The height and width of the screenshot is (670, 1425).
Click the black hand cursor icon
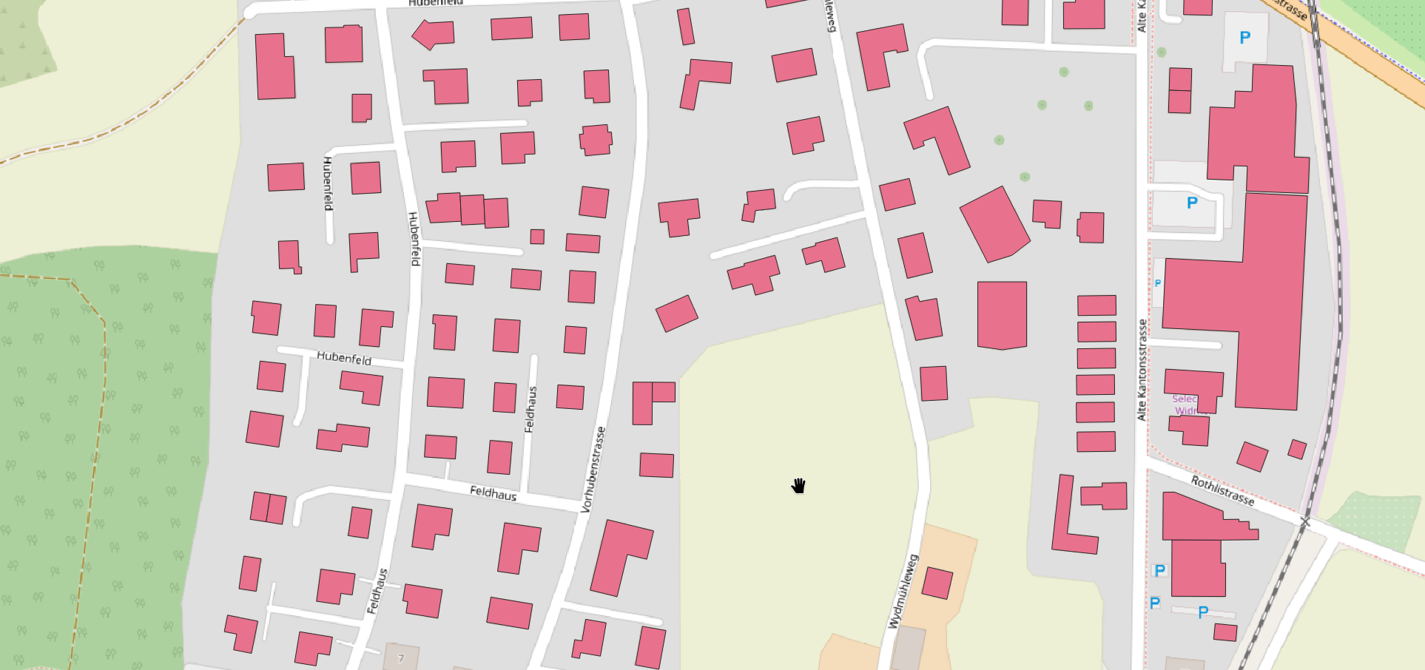(x=798, y=486)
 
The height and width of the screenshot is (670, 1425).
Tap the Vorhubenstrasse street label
(x=593, y=470)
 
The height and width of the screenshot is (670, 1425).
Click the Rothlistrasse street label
(x=1222, y=490)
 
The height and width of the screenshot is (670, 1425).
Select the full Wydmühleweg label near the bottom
(x=903, y=592)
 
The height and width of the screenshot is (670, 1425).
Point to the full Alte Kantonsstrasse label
(x=1142, y=370)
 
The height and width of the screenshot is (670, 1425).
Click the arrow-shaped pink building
(x=434, y=34)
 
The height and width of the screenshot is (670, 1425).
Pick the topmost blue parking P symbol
(x=1245, y=37)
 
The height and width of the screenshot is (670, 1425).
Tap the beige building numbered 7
(x=401, y=657)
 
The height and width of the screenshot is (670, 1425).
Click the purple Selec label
(x=1184, y=399)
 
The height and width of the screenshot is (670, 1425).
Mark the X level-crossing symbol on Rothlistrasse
(x=1305, y=522)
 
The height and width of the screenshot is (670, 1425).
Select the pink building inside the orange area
(x=937, y=583)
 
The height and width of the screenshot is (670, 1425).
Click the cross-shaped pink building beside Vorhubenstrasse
(x=596, y=140)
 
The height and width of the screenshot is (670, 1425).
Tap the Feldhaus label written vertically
(x=530, y=409)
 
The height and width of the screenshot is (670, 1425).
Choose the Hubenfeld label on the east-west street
(x=344, y=358)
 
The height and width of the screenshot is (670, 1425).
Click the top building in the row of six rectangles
(x=1096, y=305)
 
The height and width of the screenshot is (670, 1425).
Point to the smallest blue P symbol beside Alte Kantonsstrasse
(x=1158, y=283)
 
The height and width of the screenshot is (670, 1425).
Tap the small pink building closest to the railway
(x=1297, y=449)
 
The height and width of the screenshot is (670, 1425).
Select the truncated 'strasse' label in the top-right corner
(x=1291, y=9)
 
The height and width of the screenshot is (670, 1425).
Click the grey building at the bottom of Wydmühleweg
(x=908, y=649)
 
